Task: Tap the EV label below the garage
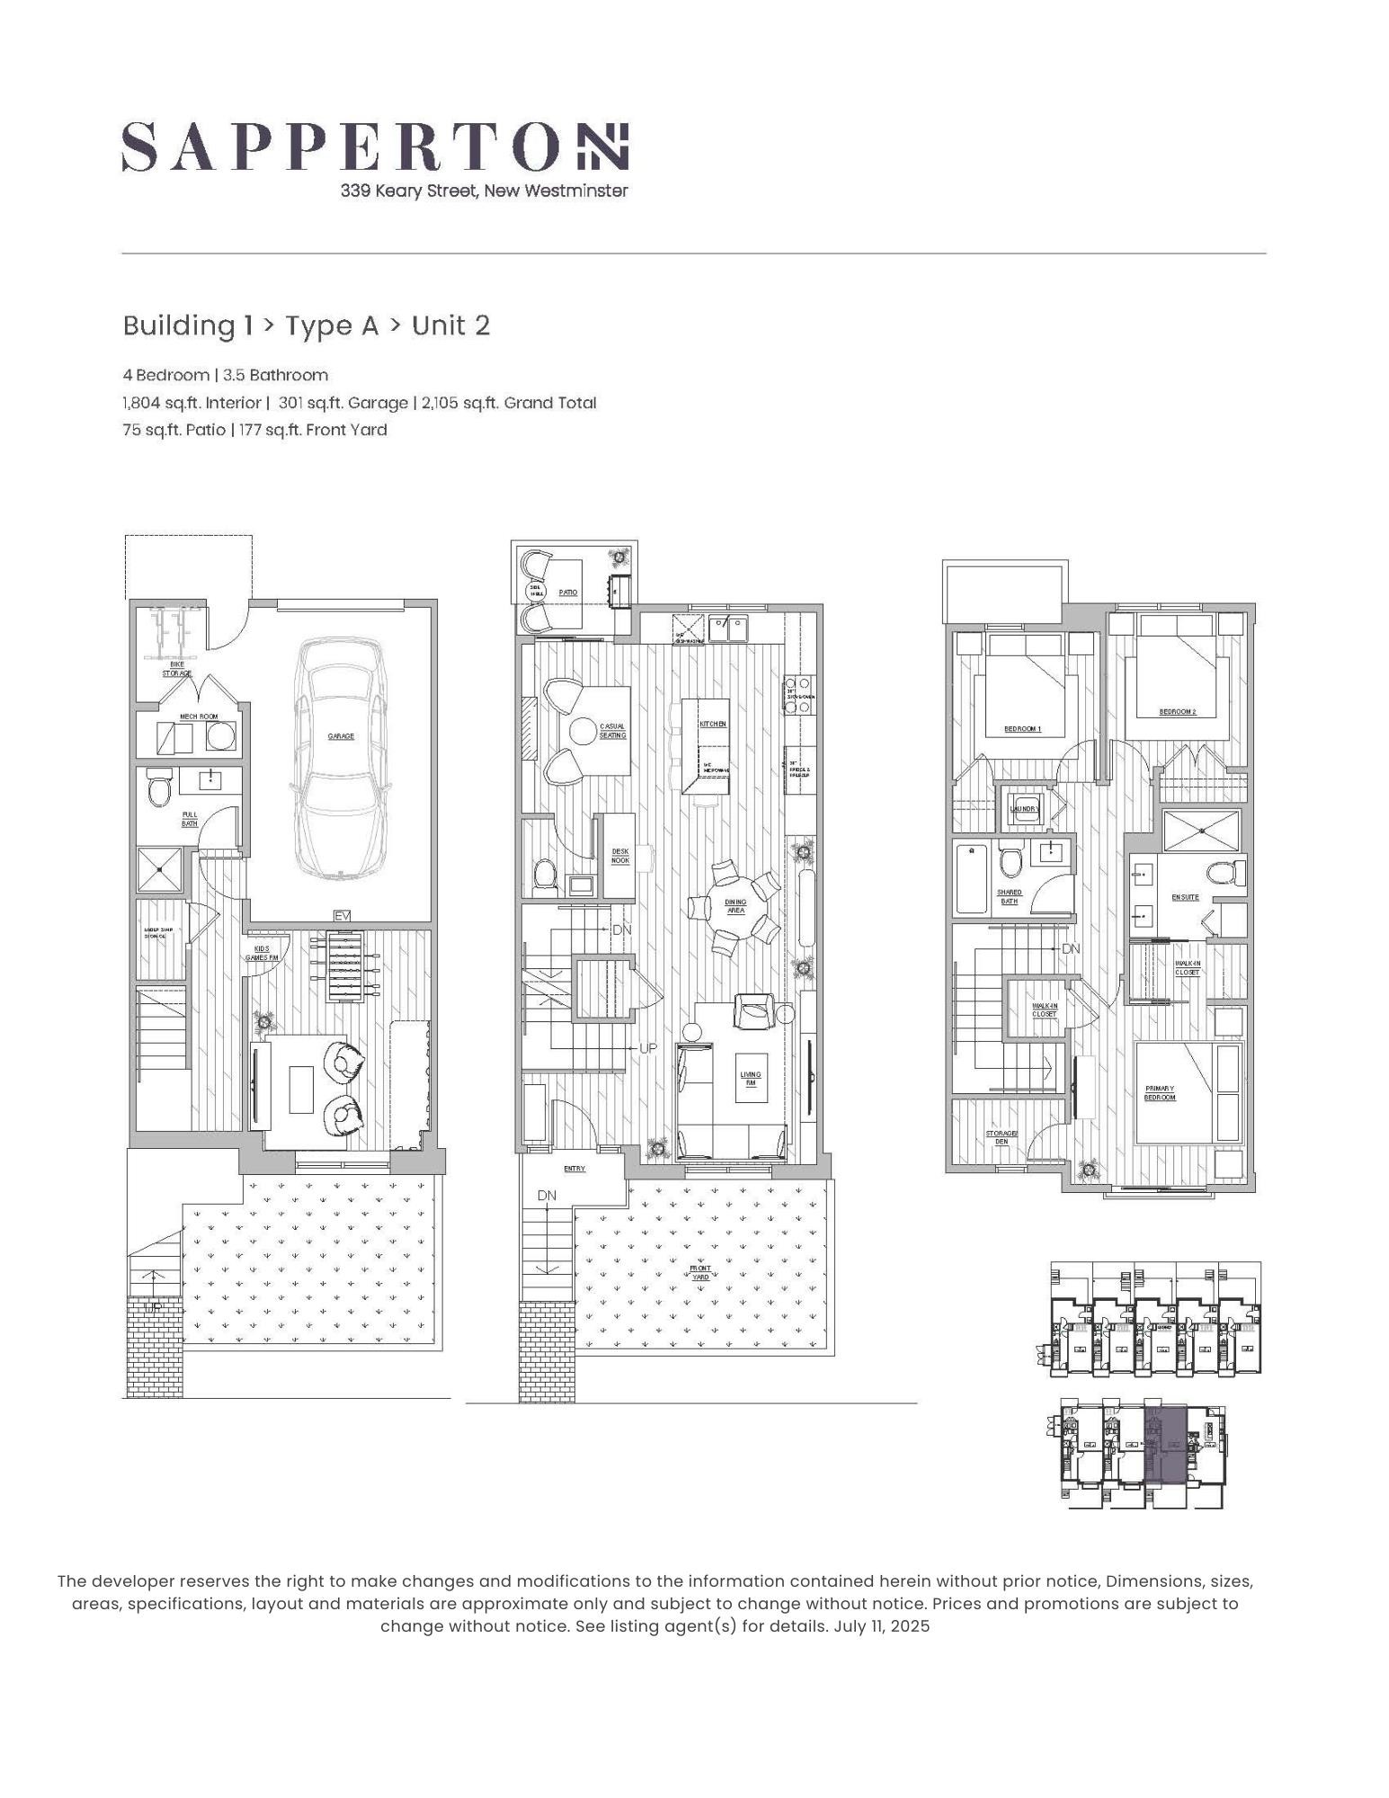pyautogui.click(x=342, y=915)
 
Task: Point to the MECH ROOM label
pyautogui.click(x=199, y=717)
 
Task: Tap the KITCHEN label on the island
pyautogui.click(x=713, y=724)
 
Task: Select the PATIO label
pyautogui.click(x=567, y=592)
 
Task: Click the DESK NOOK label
pyautogui.click(x=620, y=855)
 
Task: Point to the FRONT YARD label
pyautogui.click(x=700, y=1273)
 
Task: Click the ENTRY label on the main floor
pyautogui.click(x=574, y=1169)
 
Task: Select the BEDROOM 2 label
pyautogui.click(x=1177, y=712)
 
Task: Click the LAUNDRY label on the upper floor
pyautogui.click(x=1024, y=808)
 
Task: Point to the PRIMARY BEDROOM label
pyautogui.click(x=1159, y=1092)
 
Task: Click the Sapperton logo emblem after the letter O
pyautogui.click(x=602, y=147)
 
